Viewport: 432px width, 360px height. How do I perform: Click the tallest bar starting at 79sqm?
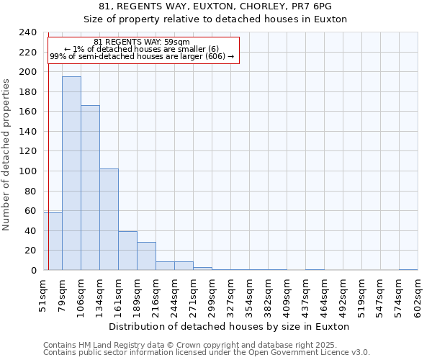71,173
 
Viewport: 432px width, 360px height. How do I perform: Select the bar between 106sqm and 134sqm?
90,187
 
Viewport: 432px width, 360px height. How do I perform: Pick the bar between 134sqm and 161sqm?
109,219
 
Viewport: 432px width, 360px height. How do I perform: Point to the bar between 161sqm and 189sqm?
127,251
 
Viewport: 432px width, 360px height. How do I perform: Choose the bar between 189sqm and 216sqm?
146,256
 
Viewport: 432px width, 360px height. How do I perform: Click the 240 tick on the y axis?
29,32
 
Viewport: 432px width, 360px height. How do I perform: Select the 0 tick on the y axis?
33,270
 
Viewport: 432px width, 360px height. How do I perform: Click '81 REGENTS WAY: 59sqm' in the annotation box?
142,42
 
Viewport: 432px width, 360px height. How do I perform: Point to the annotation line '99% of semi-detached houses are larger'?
142,56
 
